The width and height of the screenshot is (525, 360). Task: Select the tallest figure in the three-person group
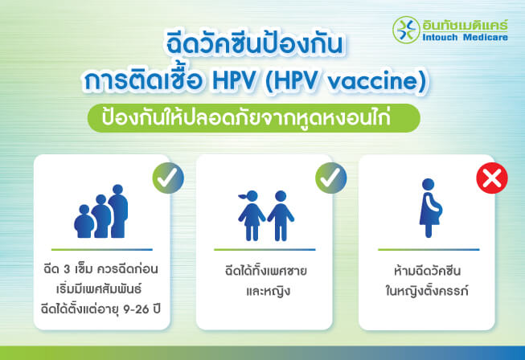[118, 211]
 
